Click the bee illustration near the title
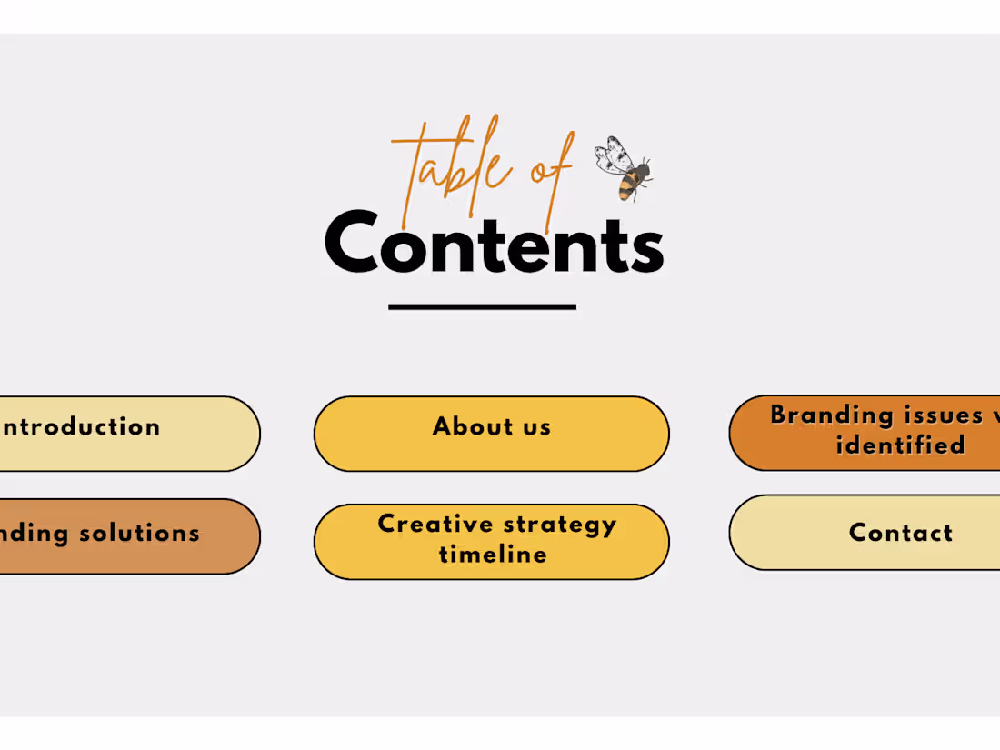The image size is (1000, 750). tap(625, 168)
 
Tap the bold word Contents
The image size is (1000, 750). tap(494, 244)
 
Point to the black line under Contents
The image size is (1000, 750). tap(482, 307)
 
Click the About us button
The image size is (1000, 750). tap(492, 434)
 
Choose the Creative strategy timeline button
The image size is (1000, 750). tap(492, 541)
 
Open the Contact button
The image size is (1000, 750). tap(873, 533)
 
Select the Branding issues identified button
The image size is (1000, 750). tap(873, 433)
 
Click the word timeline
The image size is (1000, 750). tap(493, 555)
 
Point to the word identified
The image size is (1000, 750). tap(900, 445)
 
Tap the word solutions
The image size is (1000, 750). tap(139, 533)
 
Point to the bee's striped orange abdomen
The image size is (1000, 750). tap(628, 185)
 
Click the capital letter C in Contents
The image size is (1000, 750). tap(351, 243)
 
